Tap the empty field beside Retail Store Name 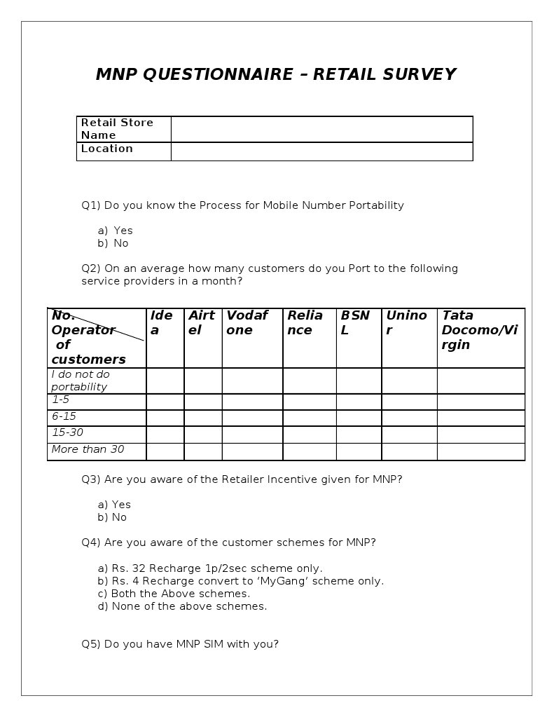tap(321, 129)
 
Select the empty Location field tap(321, 151)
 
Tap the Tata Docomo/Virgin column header tap(480, 330)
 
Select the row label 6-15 tap(64, 416)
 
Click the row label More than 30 tap(88, 449)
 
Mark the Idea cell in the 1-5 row tap(165, 402)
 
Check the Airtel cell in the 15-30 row tap(203, 435)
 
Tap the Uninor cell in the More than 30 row tap(409, 451)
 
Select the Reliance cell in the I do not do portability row tap(309, 381)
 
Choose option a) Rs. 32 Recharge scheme tap(210, 568)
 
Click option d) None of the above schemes tap(182, 606)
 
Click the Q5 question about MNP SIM tap(180, 644)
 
